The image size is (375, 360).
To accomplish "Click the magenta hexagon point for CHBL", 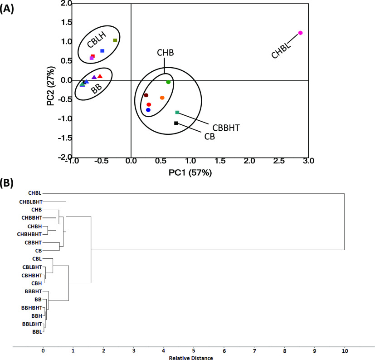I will click(300, 33).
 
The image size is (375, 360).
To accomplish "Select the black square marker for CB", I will click(176, 123).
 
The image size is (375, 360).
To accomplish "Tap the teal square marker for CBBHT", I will click(177, 112).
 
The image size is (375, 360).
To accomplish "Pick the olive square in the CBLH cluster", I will click(115, 40).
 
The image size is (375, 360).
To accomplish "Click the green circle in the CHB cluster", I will click(168, 82).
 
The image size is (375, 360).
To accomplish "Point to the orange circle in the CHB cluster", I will click(162, 98).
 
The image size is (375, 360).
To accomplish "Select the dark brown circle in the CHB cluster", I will click(146, 95).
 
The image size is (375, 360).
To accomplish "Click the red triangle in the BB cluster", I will click(100, 76).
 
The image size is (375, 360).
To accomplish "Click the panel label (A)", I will click(8, 9).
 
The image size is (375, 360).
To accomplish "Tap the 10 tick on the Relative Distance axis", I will click(345, 350).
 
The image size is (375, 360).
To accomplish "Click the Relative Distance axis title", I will click(191, 358).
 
